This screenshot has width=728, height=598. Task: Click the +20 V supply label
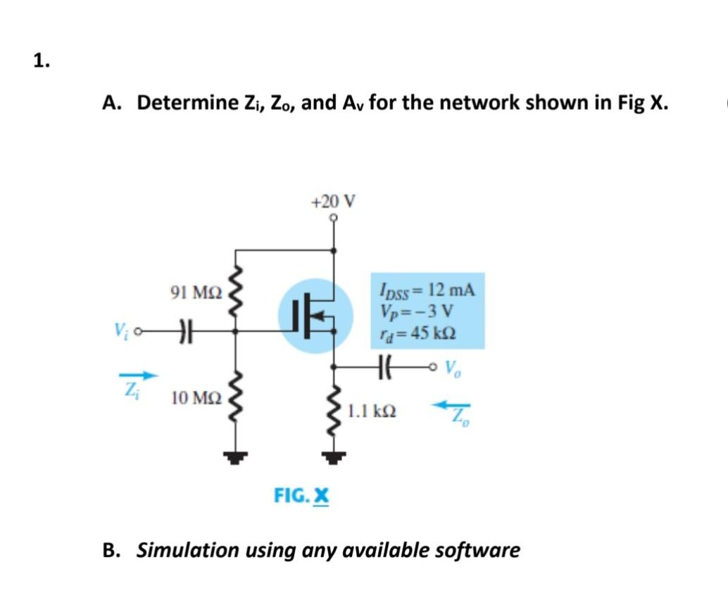(x=333, y=201)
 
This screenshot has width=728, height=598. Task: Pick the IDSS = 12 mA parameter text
(x=427, y=289)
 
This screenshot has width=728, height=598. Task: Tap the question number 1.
(x=41, y=61)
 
